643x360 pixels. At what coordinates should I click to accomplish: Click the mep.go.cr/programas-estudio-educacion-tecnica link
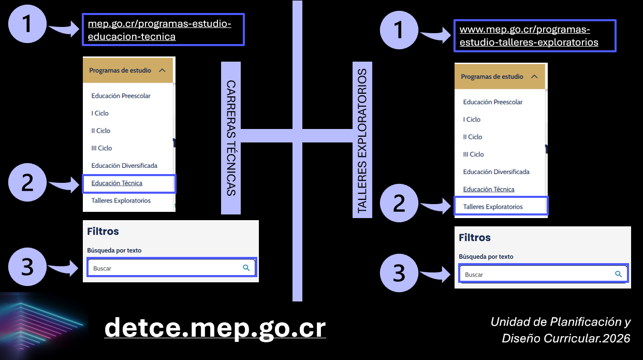(159, 30)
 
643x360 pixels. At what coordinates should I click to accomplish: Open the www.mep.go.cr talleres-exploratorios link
(529, 36)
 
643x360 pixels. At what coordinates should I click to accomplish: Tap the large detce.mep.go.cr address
(215, 328)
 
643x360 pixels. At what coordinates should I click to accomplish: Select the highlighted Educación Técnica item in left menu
(117, 183)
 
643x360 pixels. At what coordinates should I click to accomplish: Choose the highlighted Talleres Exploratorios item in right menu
(493, 207)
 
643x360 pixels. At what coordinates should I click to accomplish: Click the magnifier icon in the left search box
(246, 268)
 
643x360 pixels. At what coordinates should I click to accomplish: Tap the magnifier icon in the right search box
(618, 274)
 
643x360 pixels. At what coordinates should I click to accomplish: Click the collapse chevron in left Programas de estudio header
(162, 70)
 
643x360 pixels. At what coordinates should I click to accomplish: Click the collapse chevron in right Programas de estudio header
(534, 77)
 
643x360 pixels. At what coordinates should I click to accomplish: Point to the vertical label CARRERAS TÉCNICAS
(231, 138)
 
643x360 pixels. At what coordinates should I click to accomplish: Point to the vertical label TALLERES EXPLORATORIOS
(362, 141)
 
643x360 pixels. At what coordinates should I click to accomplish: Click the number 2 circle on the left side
(27, 182)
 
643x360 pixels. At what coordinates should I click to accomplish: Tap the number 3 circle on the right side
(399, 273)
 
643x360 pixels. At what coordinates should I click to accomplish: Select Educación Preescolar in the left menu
(121, 96)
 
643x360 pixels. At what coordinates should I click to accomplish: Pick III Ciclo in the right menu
(473, 154)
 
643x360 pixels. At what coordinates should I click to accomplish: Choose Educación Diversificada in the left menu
(124, 165)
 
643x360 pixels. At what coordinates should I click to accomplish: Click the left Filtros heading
(103, 232)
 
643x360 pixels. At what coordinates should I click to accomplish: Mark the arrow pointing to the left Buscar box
(63, 267)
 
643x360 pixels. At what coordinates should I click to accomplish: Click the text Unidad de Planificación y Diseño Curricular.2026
(560, 330)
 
